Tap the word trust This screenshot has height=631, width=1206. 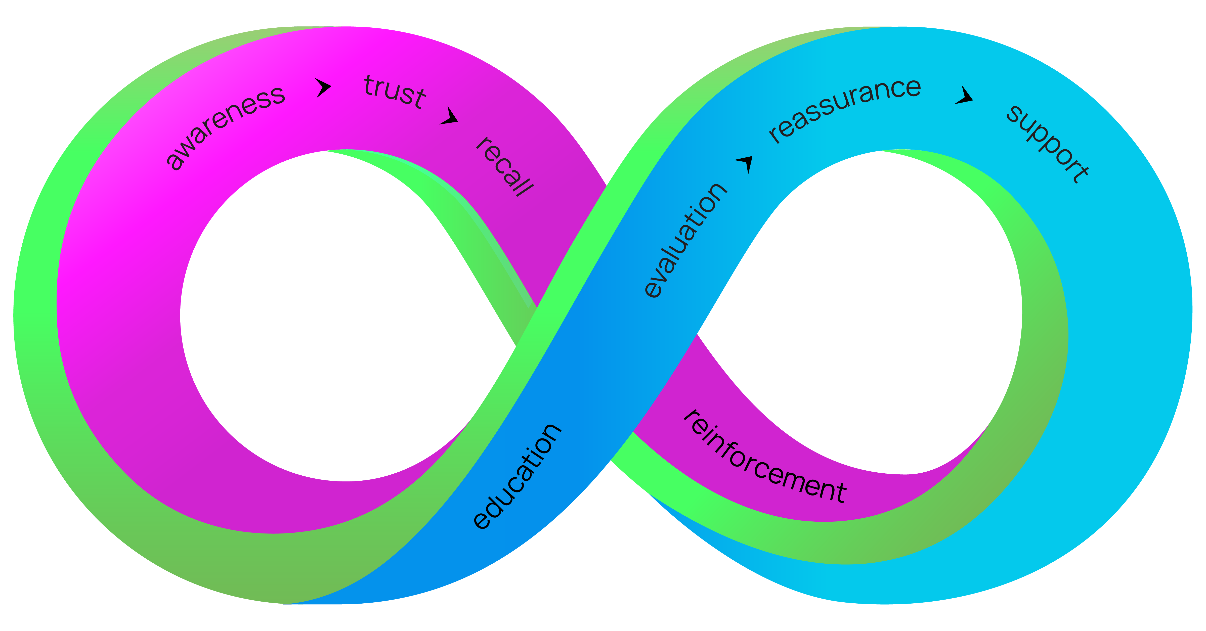coord(395,91)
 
